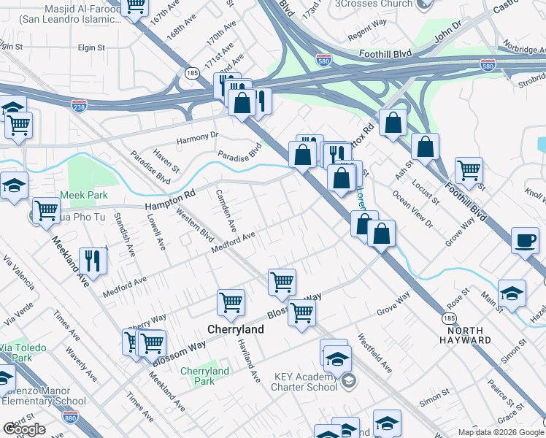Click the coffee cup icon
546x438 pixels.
[x=525, y=240]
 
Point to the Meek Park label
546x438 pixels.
[x=88, y=195]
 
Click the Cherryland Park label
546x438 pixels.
[x=204, y=376]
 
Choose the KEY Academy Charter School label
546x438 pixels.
[x=306, y=382]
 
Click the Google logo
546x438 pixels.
[x=24, y=429]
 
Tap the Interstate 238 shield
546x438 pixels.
[x=80, y=106]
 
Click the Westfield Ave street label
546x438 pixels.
[x=374, y=353]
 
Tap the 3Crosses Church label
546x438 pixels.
[x=373, y=4]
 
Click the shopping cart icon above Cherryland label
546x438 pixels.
[x=282, y=281]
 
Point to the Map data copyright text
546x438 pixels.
[x=501, y=432]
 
